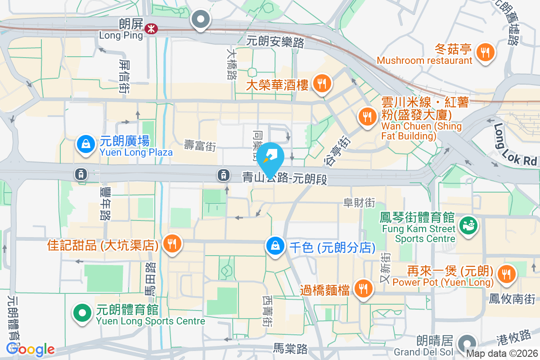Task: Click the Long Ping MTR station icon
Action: click(x=151, y=28)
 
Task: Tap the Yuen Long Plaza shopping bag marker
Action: click(x=85, y=144)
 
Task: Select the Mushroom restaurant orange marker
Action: click(x=485, y=52)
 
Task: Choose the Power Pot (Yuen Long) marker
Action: click(x=506, y=273)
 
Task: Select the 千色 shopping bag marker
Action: click(x=274, y=246)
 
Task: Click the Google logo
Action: click(x=31, y=349)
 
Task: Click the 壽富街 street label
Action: click(x=200, y=145)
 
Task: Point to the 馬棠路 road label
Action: click(x=291, y=348)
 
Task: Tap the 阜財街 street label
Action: click(x=359, y=203)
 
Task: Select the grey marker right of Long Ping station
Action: click(x=201, y=20)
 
